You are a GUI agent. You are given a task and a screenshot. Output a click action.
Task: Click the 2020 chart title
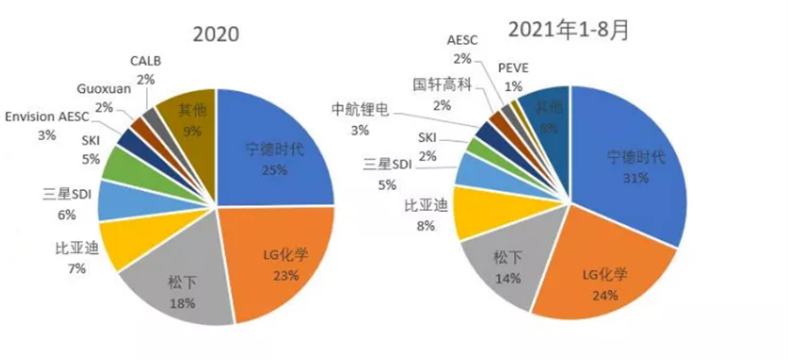click(x=215, y=34)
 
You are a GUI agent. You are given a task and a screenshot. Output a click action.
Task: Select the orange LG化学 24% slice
click(x=604, y=280)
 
